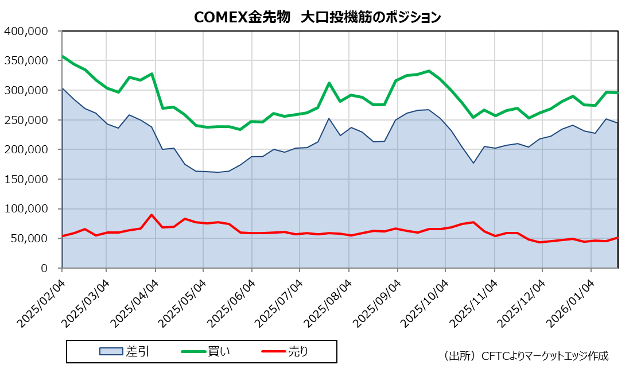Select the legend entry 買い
pyautogui.click(x=207, y=351)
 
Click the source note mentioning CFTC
pyautogui.click(x=526, y=356)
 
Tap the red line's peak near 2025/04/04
pyautogui.click(x=152, y=215)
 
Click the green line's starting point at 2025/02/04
pyautogui.click(x=62, y=56)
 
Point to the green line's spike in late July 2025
pyautogui.click(x=329, y=83)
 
